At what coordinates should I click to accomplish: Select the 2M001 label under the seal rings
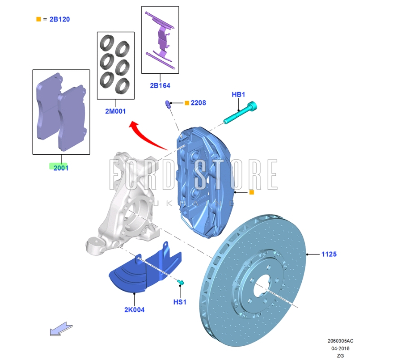tap(115, 111)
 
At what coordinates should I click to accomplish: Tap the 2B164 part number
tap(160, 85)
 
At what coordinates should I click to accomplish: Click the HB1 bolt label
tap(238, 94)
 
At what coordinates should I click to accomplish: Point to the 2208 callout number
tap(198, 103)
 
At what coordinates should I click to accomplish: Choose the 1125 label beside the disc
tap(329, 254)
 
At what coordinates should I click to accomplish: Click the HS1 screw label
tap(179, 302)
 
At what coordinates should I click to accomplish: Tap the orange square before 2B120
tap(38, 19)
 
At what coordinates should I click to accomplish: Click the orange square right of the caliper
tap(251, 192)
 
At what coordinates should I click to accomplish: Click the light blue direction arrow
tap(61, 329)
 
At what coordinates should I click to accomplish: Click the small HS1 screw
tap(180, 282)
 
